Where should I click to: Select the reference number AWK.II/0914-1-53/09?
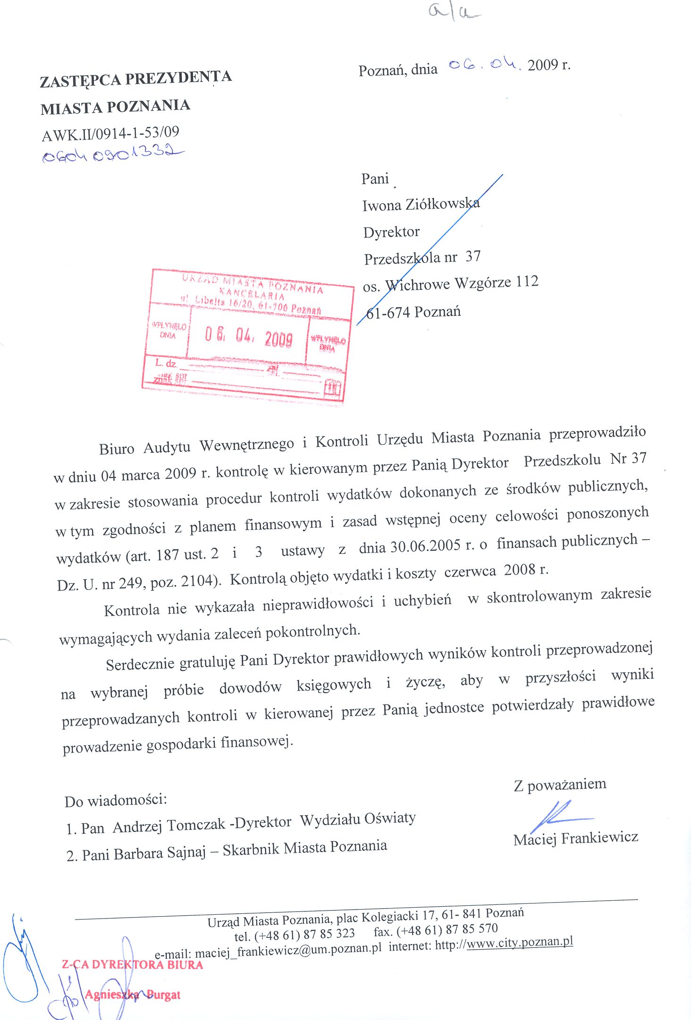pos(111,134)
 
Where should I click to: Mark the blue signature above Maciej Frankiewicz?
pos(559,816)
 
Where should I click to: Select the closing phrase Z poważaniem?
pos(560,785)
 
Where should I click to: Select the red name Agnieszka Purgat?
pos(133,995)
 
